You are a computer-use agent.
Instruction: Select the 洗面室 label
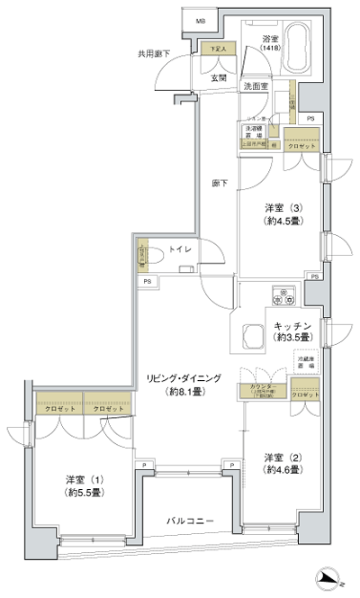[258, 86]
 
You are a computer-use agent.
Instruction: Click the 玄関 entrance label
[220, 77]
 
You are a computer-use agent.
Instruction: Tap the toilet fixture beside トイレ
[152, 254]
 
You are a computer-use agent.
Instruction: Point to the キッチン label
[292, 331]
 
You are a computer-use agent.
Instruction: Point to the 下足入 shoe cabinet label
[216, 49]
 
